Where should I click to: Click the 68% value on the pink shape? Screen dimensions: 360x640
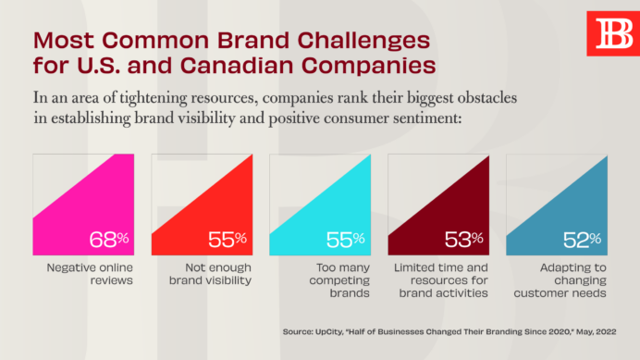[110, 240]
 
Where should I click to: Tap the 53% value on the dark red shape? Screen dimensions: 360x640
[464, 240]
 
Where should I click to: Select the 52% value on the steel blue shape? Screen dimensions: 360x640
[583, 240]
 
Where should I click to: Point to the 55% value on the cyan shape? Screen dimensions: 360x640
[346, 240]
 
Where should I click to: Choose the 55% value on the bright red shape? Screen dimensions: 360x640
[228, 240]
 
